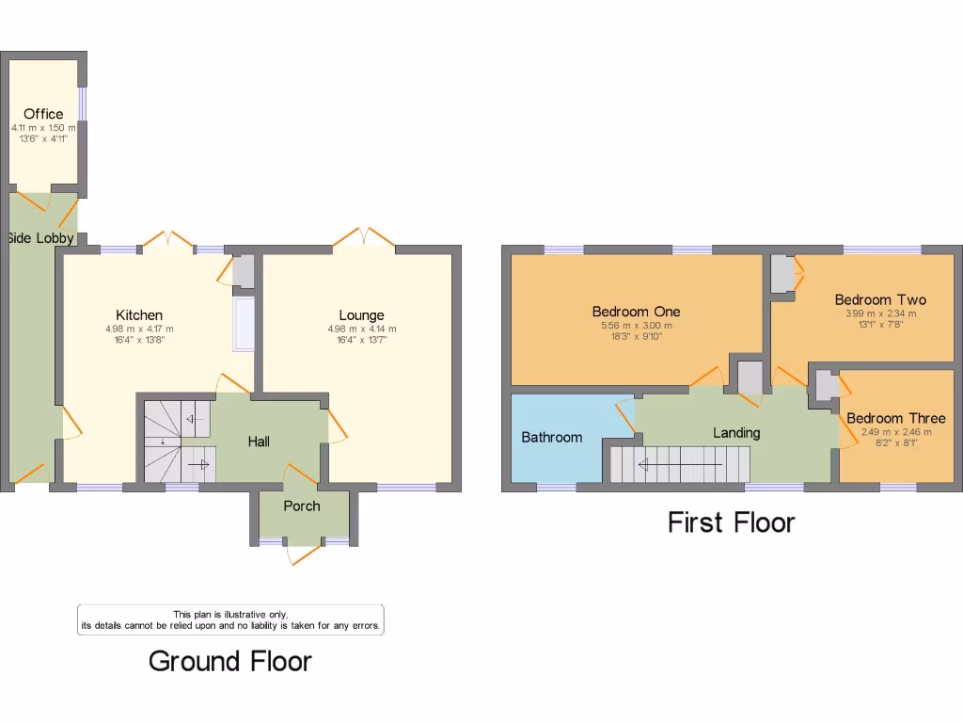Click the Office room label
pos(43,114)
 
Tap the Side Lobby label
pos(40,238)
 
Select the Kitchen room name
pos(139,315)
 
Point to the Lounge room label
pos(361,315)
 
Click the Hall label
pos(259,441)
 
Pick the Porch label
pos(302,506)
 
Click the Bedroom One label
pos(636,312)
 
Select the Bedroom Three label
pos(895,418)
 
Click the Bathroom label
pos(552,437)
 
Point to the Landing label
pos(736,433)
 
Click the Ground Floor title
pos(230,661)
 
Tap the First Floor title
pos(732,522)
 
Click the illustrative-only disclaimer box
pos(230,619)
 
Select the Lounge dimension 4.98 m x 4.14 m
pos(361,329)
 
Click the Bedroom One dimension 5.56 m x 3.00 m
pos(636,326)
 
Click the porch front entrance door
pos(303,554)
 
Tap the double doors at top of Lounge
pos(363,237)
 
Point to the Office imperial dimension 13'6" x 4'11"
pos(43,137)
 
